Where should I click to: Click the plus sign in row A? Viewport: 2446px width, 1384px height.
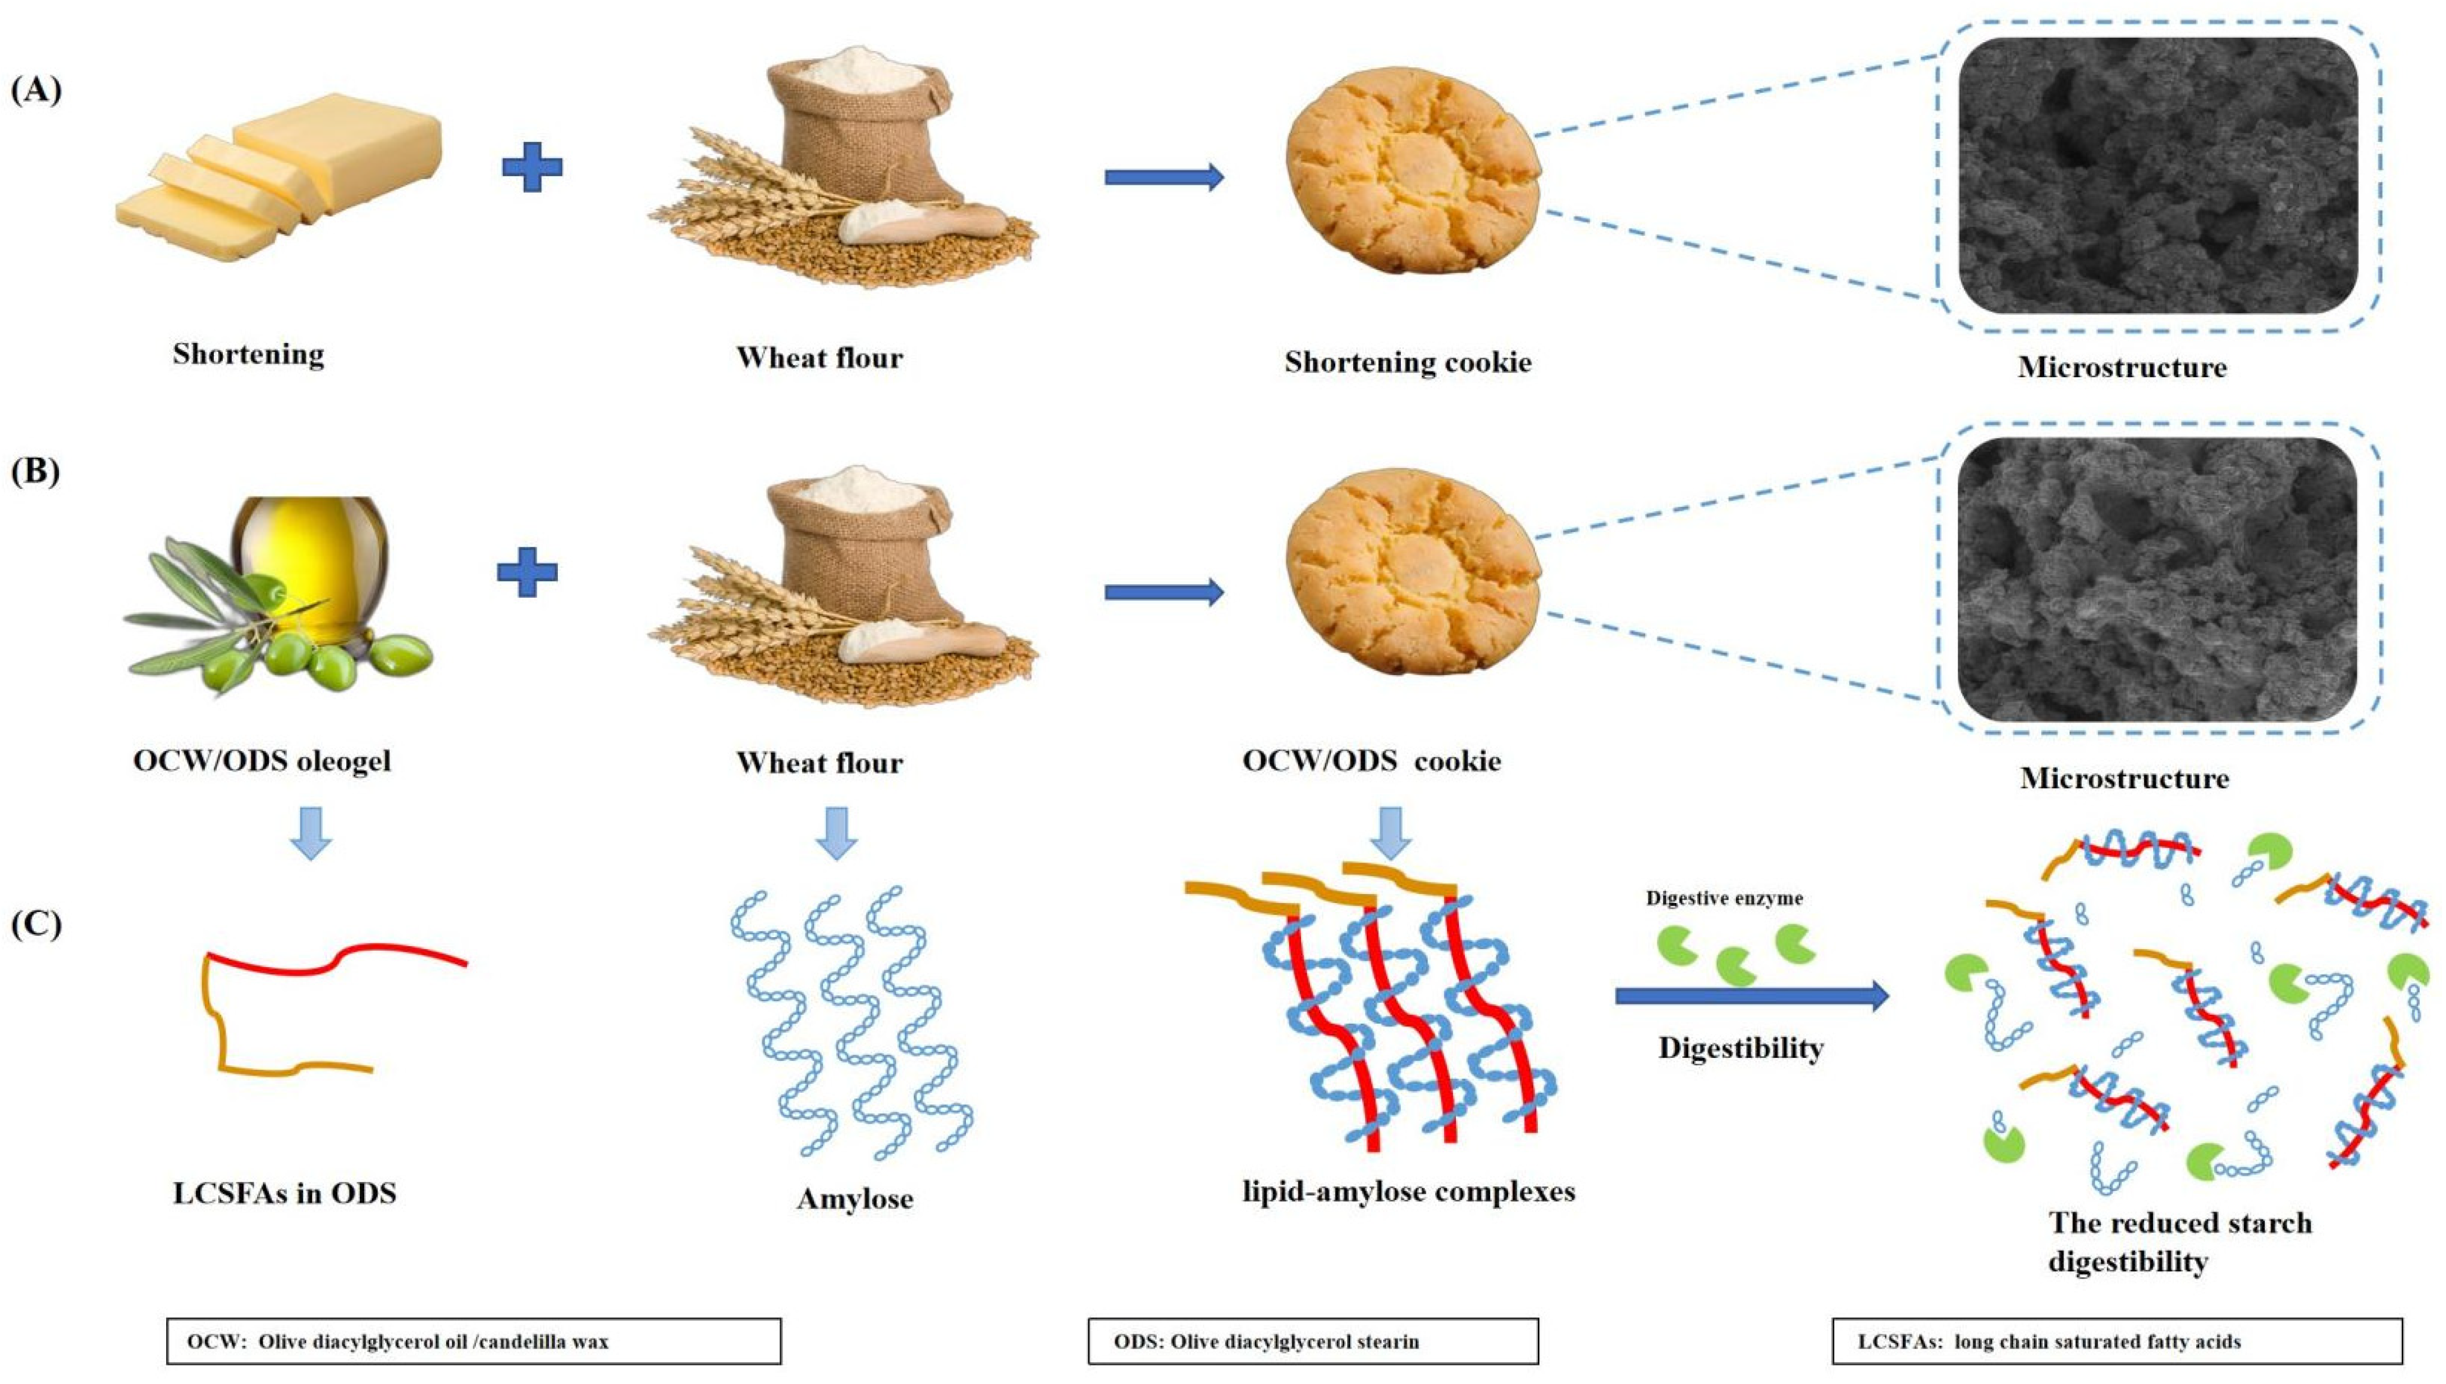(x=532, y=167)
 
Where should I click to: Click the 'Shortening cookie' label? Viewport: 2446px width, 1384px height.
(x=1407, y=362)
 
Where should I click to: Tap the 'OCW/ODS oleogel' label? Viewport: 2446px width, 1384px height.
(x=262, y=762)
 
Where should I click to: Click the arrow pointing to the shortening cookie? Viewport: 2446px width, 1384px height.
(x=1164, y=177)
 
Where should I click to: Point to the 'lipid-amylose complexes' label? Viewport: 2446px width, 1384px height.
(x=1408, y=1191)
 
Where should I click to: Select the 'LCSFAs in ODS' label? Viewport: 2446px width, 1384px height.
(x=284, y=1194)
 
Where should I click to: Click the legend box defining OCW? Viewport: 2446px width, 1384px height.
(x=473, y=1341)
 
